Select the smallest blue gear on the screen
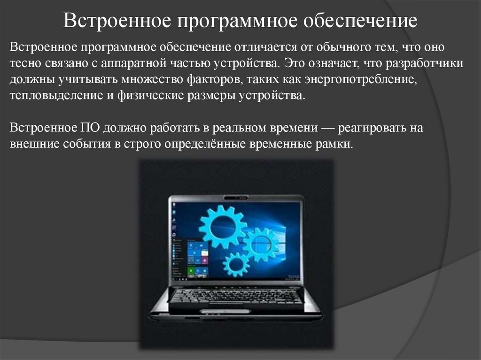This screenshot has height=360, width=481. [x=236, y=264]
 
